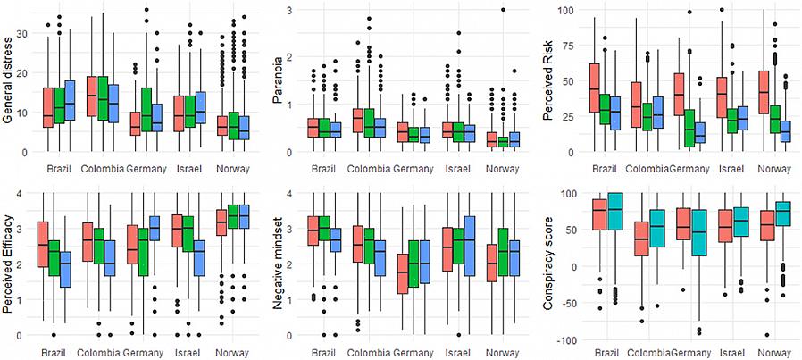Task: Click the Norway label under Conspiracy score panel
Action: click(774, 352)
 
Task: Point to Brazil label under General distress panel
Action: click(59, 168)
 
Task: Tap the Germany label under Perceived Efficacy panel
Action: click(145, 352)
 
